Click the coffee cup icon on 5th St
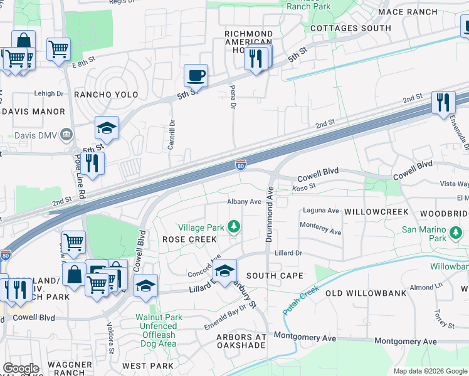coord(196,76)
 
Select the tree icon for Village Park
coord(234,226)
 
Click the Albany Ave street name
coord(243,202)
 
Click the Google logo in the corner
coord(21,368)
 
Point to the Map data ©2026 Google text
coord(429,371)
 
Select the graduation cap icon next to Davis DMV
coord(107,128)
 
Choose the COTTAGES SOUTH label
coord(350,28)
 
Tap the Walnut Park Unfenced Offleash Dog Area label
coord(159,330)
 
